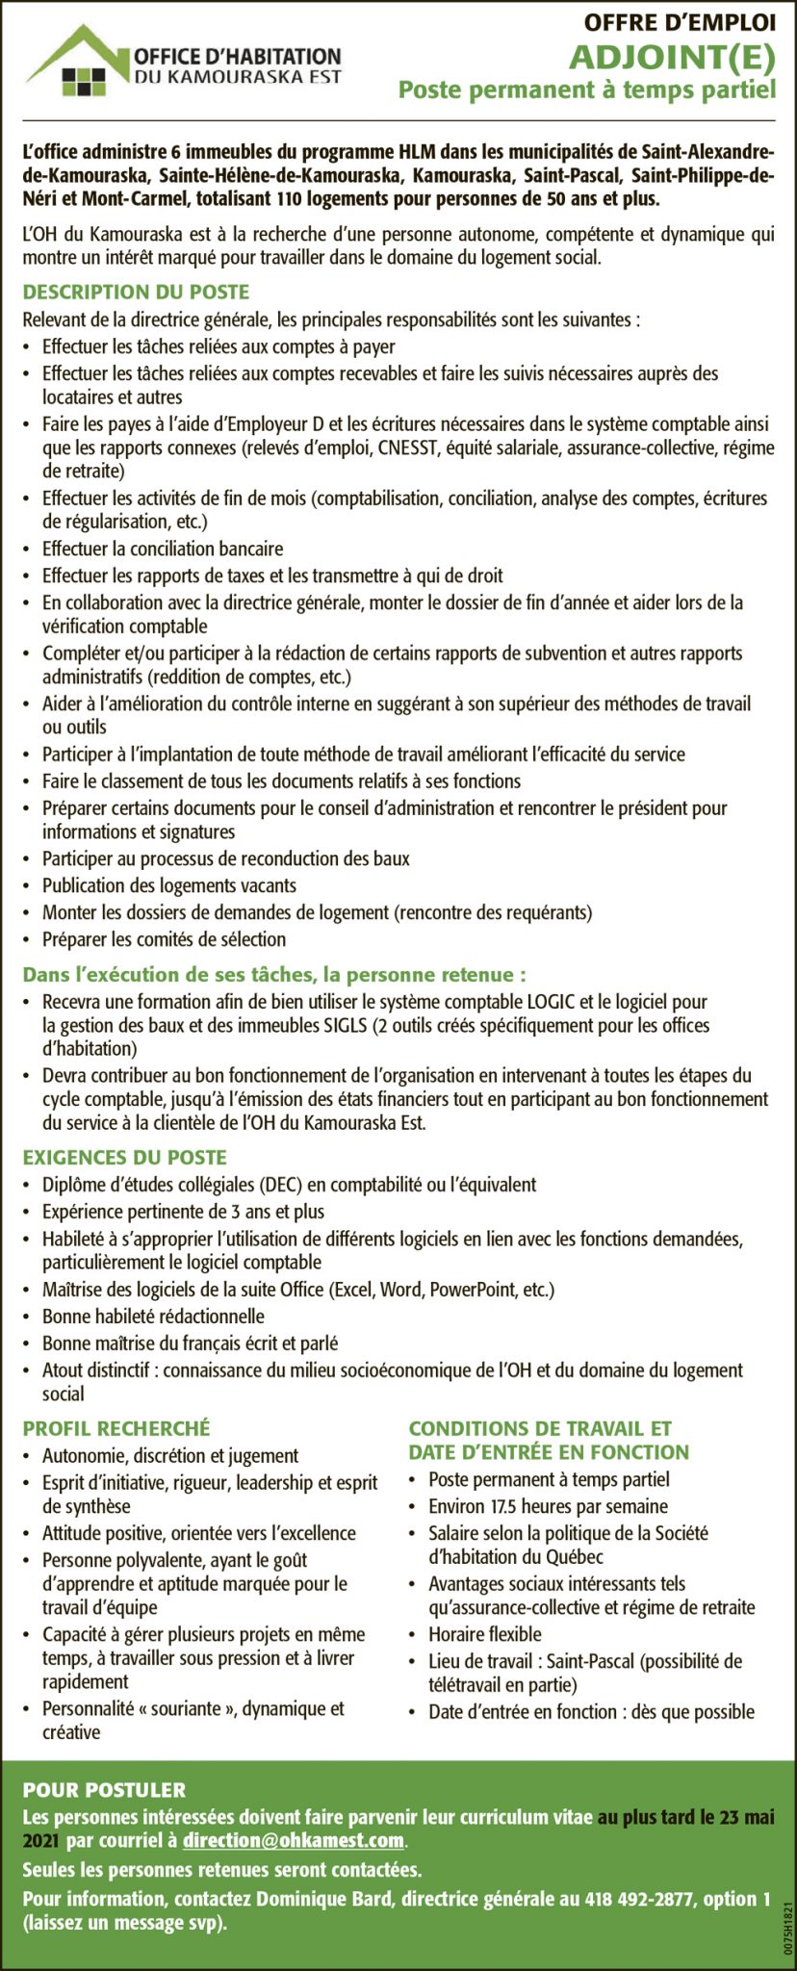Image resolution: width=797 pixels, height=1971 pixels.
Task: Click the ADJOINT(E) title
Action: click(671, 59)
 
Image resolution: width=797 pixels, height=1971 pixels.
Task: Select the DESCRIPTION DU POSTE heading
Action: click(136, 292)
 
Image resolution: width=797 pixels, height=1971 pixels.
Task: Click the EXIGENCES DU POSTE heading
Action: click(125, 1157)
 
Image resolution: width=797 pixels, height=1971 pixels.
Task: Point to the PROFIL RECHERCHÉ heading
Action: click(116, 1428)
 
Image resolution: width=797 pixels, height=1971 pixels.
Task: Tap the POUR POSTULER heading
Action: click(104, 1790)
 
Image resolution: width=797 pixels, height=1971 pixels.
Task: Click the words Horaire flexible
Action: click(485, 1633)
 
